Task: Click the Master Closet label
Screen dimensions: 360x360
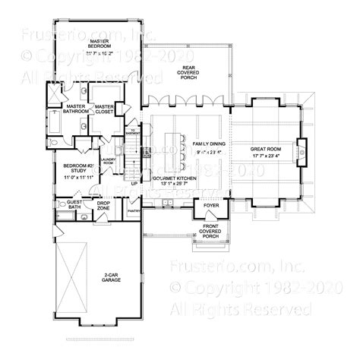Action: tap(104, 108)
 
